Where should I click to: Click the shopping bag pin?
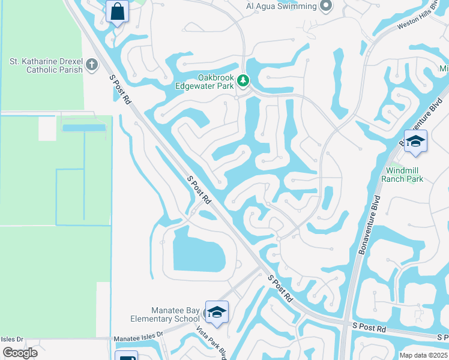117,11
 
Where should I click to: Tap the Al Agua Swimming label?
281,7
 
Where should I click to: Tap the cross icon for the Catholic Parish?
92,64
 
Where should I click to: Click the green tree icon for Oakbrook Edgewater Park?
243,80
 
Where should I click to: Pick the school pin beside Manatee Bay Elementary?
217,313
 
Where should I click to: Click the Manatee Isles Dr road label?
139,338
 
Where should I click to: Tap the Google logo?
20,353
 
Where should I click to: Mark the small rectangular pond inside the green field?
83,128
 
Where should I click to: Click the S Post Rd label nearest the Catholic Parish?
120,91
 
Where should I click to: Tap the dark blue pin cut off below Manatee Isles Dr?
126,356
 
